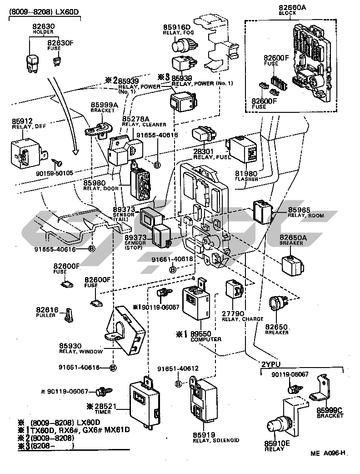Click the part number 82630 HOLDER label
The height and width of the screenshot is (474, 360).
[x=43, y=30]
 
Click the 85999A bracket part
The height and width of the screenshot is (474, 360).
[x=99, y=129]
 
